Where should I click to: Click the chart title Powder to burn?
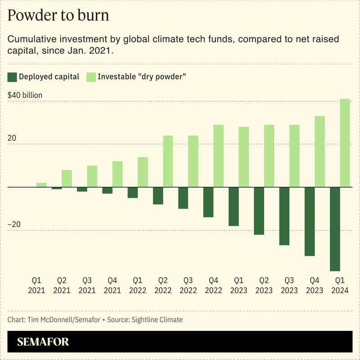58,15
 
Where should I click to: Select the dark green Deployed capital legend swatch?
12,77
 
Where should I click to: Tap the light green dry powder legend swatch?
91,77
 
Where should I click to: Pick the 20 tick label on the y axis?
12,138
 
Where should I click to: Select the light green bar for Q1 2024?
345,143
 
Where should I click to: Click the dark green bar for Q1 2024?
335,229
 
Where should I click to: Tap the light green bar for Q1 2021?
42,185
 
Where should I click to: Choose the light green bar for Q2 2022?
168,161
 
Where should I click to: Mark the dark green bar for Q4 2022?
208,202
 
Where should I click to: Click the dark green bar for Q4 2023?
310,221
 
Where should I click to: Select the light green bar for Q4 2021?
117,174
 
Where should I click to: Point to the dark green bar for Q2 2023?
259,211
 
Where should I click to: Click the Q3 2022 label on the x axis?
188,285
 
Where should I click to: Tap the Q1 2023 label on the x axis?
238,285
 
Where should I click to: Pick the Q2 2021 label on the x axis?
62,285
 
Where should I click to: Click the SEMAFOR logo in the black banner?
43,342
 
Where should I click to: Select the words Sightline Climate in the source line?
157,320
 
